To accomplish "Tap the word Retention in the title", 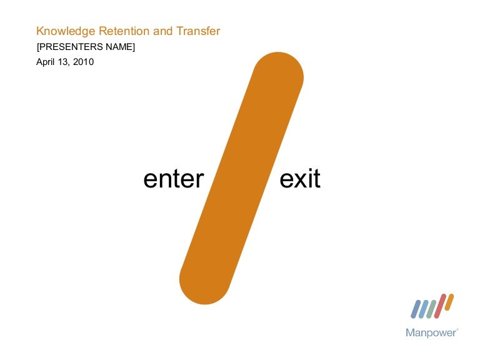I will pyautogui.click(x=119, y=31).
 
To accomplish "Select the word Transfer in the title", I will pyautogui.click(x=199, y=31).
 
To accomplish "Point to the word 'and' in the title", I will pyautogui.click(x=162, y=31).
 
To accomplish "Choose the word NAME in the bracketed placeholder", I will pyautogui.click(x=119, y=46).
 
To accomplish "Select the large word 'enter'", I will pyautogui.click(x=174, y=179).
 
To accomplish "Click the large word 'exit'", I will pyautogui.click(x=300, y=179).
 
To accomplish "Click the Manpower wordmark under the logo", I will pyautogui.click(x=431, y=333).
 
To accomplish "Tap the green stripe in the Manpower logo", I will pyautogui.click(x=431, y=307).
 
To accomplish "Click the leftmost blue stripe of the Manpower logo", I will pyautogui.click(x=415, y=308).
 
